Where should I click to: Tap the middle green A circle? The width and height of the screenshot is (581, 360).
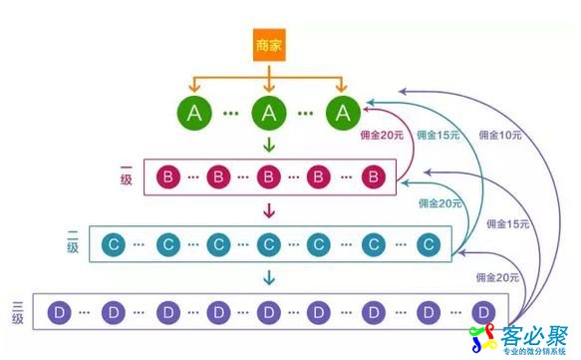coord(268,113)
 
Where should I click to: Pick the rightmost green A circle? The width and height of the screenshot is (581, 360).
coord(343,113)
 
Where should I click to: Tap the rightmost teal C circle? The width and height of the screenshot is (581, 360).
coord(428,243)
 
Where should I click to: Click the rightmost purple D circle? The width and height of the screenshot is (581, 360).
coord(483,312)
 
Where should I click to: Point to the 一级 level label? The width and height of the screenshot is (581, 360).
coord(126,179)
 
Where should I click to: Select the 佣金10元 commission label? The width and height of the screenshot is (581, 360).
coord(500,133)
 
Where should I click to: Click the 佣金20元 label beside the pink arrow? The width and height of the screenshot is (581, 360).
coord(382,133)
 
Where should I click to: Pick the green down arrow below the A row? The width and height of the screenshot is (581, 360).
coord(268,147)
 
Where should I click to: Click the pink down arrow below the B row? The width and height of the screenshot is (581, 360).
coord(268,210)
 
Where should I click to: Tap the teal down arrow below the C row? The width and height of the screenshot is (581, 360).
coord(268,276)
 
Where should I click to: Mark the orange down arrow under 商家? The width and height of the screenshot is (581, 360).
coord(268,77)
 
